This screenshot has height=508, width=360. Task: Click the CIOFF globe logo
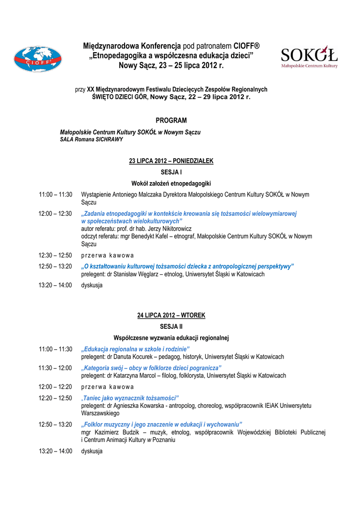pos(37,60)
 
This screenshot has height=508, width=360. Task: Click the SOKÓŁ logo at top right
pos(309,57)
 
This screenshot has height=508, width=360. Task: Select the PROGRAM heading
pos(171,121)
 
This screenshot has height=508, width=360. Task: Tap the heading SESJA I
pos(171,172)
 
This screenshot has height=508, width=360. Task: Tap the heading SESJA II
pos(171,326)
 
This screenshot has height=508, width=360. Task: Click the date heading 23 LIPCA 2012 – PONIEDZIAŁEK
pos(171,161)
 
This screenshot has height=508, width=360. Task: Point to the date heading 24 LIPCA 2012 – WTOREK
pos(171,316)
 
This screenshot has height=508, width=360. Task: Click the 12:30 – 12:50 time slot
pos(56,255)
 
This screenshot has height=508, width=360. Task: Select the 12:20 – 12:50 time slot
pos(56,398)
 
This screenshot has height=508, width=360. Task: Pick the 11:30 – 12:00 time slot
pos(56,368)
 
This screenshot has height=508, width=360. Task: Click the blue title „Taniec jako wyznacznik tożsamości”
pos(130,398)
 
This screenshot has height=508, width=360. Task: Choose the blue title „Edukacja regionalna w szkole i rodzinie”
pos(136,349)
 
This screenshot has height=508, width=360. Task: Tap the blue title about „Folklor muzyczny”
pos(161,425)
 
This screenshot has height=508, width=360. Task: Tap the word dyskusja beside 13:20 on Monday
pos(92,285)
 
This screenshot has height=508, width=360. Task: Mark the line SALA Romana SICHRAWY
pos(91,139)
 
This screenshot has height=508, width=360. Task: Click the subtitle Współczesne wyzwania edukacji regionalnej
pos(171,338)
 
